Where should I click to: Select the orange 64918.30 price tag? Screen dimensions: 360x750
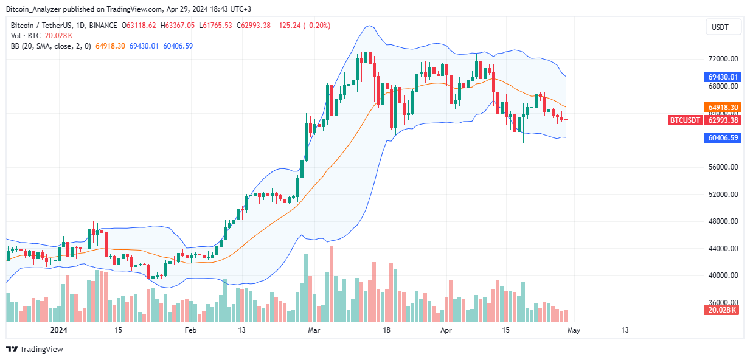(x=723, y=107)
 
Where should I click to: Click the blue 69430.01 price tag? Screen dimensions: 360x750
(x=723, y=77)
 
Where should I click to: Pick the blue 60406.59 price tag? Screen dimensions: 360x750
(x=723, y=138)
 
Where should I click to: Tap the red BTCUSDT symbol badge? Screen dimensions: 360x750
(x=686, y=120)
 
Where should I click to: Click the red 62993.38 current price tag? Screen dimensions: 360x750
(x=723, y=120)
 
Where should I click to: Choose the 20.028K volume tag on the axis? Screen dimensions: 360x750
(x=723, y=310)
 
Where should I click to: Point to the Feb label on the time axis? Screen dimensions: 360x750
(x=190, y=330)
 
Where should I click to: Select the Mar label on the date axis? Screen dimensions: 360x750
(x=314, y=330)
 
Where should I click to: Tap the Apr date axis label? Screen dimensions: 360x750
(x=446, y=330)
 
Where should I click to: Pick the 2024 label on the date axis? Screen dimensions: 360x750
(x=58, y=330)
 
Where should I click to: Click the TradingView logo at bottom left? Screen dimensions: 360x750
(x=35, y=350)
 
